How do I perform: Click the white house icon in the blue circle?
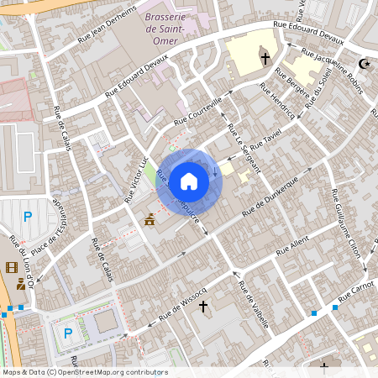189,181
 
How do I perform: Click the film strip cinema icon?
10,267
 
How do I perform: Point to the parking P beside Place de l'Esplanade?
28,217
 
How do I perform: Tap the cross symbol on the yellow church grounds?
265,58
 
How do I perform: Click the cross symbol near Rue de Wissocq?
202,307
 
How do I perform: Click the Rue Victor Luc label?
136,179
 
